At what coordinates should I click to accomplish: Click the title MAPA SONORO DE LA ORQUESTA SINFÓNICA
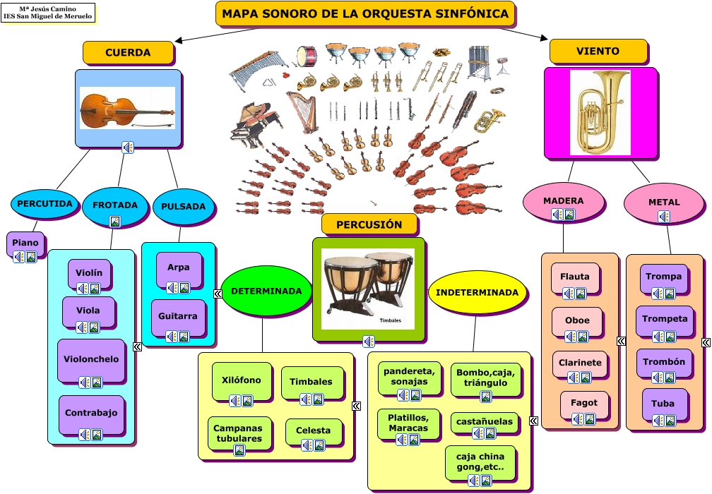[365, 13]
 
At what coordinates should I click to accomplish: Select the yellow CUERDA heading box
[128, 52]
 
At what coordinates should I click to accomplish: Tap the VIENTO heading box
[598, 51]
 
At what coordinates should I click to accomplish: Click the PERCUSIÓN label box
[369, 224]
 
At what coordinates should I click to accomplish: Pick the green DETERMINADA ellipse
[266, 291]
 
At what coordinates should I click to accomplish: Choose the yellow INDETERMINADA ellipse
[477, 292]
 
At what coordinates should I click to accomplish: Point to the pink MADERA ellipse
[564, 201]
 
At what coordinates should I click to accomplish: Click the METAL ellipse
[664, 203]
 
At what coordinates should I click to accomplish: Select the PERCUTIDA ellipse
[45, 204]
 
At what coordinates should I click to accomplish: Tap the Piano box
[25, 243]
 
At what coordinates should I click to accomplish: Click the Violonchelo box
[92, 359]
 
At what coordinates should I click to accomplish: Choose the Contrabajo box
[92, 413]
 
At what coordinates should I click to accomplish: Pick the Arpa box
[179, 268]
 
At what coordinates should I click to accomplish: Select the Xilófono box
[241, 380]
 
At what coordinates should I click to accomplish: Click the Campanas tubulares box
[238, 433]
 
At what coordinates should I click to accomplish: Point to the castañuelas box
[485, 422]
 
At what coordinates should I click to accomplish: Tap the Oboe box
[577, 320]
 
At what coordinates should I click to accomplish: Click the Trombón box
[664, 362]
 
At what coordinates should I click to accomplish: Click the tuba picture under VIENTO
[600, 112]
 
